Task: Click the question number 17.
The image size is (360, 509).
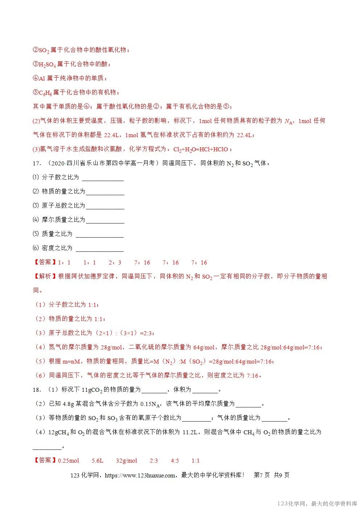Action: [36, 163]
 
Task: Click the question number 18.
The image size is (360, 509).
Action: [36, 390]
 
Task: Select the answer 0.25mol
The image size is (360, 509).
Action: [68, 461]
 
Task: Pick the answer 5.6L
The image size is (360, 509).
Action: [97, 461]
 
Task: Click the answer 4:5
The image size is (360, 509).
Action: [175, 461]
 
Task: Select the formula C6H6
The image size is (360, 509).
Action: [45, 93]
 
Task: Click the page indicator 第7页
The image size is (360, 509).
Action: [262, 475]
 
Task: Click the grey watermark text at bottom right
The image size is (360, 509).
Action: [317, 504]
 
